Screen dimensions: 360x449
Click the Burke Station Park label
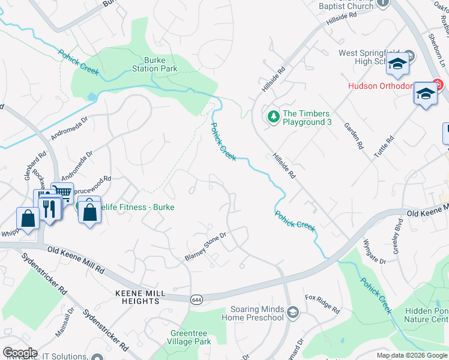pos(160,64)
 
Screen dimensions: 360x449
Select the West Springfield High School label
pos(372,58)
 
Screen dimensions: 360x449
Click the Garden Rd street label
pos(354,136)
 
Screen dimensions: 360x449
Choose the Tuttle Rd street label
pos(384,147)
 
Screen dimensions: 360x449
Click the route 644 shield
pos(196,299)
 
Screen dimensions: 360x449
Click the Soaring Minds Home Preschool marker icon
pos(292,311)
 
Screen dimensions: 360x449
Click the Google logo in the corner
pos(20,353)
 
